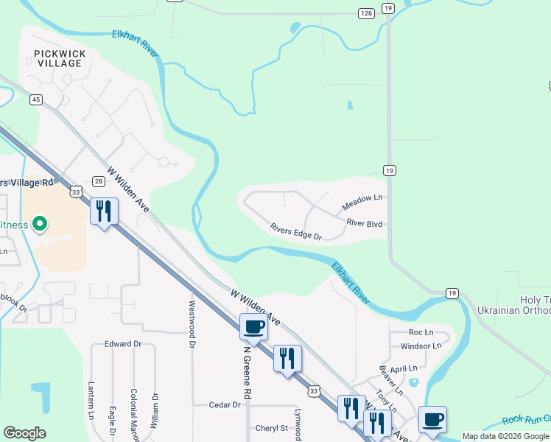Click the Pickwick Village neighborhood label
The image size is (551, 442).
[x=60, y=58]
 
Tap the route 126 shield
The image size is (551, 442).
[x=366, y=13]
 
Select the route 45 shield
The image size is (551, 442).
[x=36, y=99]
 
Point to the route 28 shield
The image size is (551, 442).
[x=99, y=181]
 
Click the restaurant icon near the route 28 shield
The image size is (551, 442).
[x=103, y=211]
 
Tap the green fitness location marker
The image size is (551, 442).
[x=41, y=223]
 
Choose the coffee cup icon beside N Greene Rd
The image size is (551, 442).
[x=253, y=326]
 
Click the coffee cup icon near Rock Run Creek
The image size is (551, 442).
[x=432, y=419]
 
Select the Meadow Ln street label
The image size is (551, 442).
[x=362, y=198]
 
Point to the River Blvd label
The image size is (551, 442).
[x=366, y=222]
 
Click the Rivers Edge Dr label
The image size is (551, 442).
[x=296, y=231]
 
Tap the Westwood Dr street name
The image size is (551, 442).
[x=193, y=324]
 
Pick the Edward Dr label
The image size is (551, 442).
[x=122, y=344]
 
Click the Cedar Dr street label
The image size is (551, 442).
[x=225, y=405]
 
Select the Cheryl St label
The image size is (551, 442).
[x=272, y=428]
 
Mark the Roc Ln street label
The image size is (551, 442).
[x=421, y=332]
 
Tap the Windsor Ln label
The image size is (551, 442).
[x=421, y=345]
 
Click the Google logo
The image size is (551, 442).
[x=24, y=433]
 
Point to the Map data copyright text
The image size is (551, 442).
[x=505, y=436]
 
